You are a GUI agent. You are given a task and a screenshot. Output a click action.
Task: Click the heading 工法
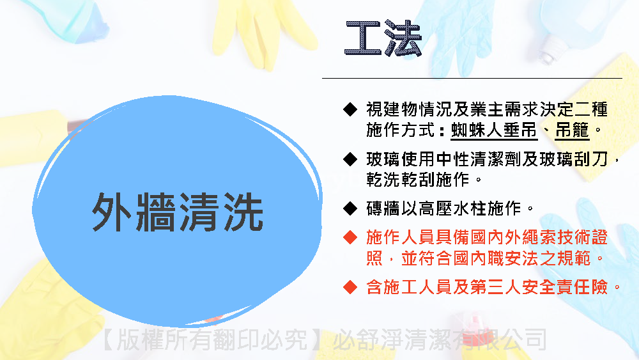pos(383,38)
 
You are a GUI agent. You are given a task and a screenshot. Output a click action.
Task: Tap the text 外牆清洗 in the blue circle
pos(177,212)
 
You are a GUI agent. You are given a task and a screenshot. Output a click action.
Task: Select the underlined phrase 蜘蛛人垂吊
pos(494,130)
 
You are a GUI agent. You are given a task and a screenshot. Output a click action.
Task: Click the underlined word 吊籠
pos(572,130)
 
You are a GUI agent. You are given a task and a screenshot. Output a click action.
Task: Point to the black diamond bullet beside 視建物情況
pos(350,109)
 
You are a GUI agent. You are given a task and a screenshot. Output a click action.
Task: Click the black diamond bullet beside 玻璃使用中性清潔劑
pos(350,159)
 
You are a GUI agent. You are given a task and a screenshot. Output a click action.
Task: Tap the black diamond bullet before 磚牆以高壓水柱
pos(350,208)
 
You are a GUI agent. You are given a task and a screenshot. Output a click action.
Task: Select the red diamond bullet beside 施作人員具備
pos(350,237)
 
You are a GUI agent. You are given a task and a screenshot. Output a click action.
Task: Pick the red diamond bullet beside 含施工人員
pos(350,287)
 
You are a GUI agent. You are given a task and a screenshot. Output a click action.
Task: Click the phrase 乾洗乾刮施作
pos(418,180)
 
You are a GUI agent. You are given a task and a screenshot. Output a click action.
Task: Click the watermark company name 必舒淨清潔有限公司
pos(440,340)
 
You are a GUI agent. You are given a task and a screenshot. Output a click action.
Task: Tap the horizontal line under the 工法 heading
pos(472,78)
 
